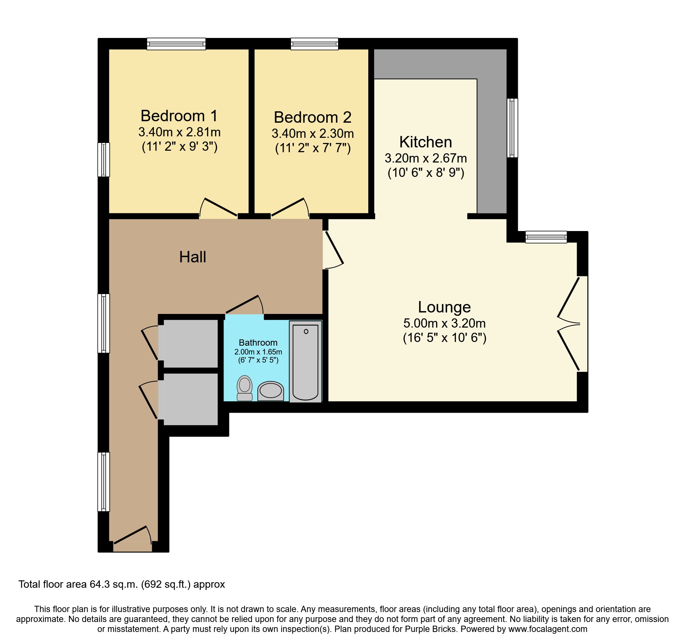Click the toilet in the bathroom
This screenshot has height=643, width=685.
tap(245, 388)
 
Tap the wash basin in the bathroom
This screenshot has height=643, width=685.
tap(271, 391)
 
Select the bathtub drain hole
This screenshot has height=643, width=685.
tap(306, 332)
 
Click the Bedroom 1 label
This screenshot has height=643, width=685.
tap(179, 116)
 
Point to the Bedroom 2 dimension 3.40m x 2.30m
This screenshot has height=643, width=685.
tap(313, 133)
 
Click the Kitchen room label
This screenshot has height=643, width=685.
tap(426, 142)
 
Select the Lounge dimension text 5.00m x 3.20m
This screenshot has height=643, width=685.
tap(445, 323)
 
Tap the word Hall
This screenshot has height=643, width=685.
tap(193, 257)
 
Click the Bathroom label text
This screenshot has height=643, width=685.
tap(258, 343)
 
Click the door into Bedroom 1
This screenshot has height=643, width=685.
tap(218, 208)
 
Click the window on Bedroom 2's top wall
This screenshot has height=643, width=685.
tap(315, 44)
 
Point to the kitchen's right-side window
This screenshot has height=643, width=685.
tap(512, 128)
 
